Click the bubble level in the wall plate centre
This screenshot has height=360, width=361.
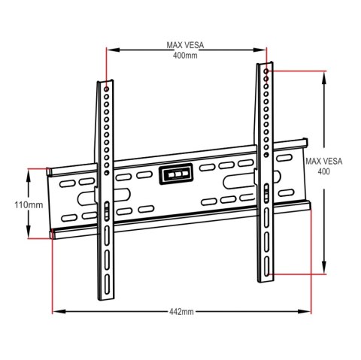(174, 174)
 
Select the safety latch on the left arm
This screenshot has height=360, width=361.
(106, 210)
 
